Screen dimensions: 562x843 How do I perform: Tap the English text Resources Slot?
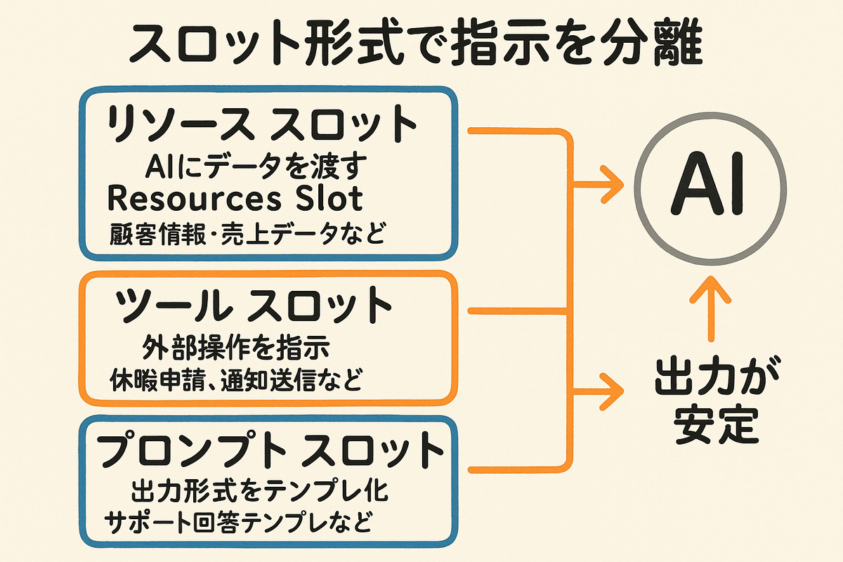235,199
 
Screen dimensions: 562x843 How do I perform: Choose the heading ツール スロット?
253,306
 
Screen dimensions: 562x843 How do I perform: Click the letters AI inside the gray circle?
707,188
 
